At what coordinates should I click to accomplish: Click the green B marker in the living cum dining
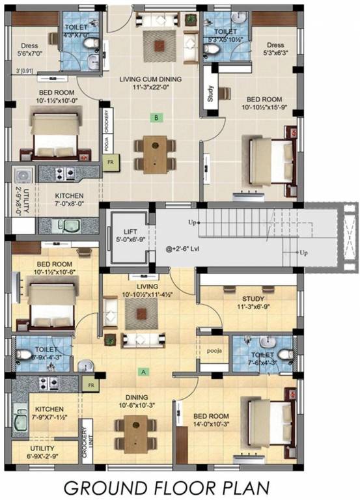[x=156, y=118]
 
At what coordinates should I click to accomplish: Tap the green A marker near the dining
[x=143, y=372]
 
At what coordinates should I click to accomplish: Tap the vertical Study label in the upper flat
[x=210, y=95]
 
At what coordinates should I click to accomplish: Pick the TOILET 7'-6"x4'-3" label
[x=264, y=359]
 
